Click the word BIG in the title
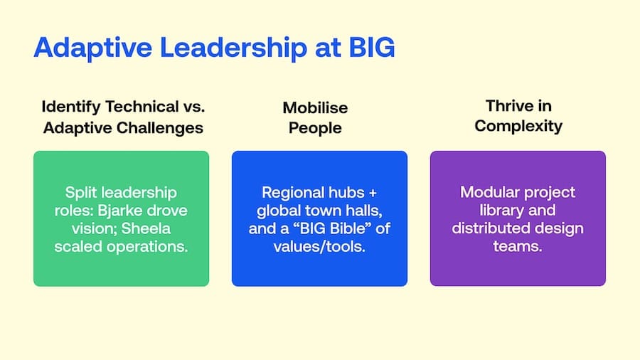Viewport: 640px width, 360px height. pyautogui.click(x=372, y=48)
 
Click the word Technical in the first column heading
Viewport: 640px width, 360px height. pyautogui.click(x=142, y=107)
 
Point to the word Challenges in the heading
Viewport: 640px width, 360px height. pyautogui.click(x=160, y=128)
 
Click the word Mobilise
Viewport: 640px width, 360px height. pyautogui.click(x=315, y=107)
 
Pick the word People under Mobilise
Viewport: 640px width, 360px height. pyautogui.click(x=315, y=128)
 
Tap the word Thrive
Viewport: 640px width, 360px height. pyautogui.click(x=506, y=106)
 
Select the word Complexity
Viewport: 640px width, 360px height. pyautogui.click(x=518, y=126)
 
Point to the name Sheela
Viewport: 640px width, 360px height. pyautogui.click(x=146, y=228)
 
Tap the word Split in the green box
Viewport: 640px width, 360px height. pyautogui.click(x=80, y=193)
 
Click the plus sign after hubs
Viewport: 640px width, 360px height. pyautogui.click(x=372, y=193)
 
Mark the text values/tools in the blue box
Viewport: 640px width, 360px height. pyautogui.click(x=319, y=247)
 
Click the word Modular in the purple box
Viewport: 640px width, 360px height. pyautogui.click(x=485, y=192)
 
